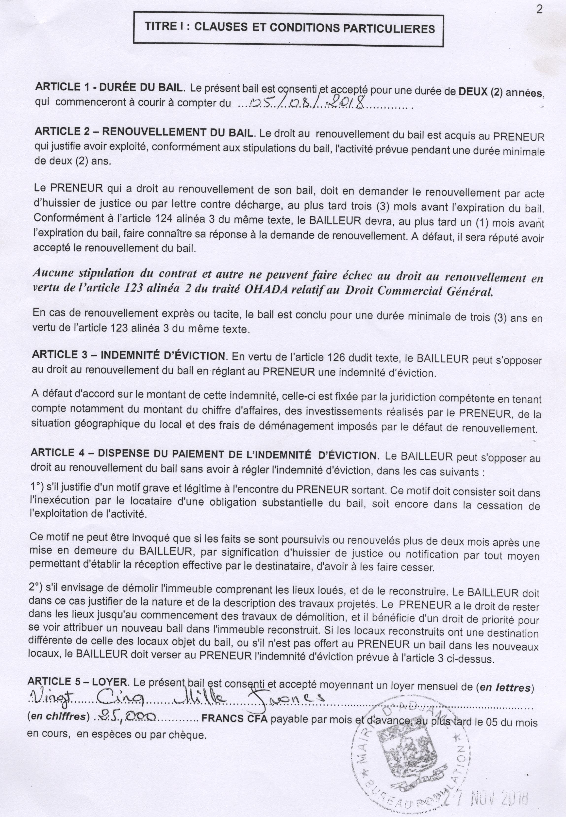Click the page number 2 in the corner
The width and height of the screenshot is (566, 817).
point(539,10)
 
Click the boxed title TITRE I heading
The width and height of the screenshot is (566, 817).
point(289,28)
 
